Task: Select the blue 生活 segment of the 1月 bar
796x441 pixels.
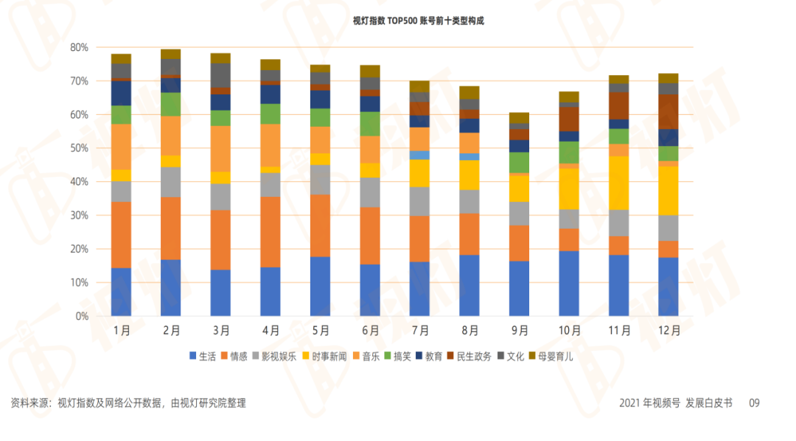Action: pyautogui.click(x=121, y=291)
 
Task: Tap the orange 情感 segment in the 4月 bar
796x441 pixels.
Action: pyautogui.click(x=270, y=232)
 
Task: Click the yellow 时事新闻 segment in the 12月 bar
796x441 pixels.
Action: pyautogui.click(x=668, y=190)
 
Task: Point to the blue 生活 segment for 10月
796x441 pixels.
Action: pyautogui.click(x=568, y=283)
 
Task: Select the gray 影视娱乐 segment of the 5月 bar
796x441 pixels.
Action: pyautogui.click(x=320, y=179)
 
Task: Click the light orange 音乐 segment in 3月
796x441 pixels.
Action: pyautogui.click(x=220, y=148)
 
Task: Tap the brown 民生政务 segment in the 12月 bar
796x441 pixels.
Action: pyautogui.click(x=668, y=111)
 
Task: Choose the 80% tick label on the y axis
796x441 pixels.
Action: pyautogui.click(x=79, y=47)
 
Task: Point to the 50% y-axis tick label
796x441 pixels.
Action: pyautogui.click(x=79, y=148)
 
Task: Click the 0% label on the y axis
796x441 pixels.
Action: pyautogui.click(x=82, y=316)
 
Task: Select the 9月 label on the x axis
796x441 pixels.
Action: pyautogui.click(x=520, y=331)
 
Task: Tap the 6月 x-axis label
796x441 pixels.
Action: pyautogui.click(x=370, y=331)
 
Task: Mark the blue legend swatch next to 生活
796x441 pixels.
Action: pyautogui.click(x=193, y=357)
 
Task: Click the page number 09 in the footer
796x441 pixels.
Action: pyautogui.click(x=754, y=403)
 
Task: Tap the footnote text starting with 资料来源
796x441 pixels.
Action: pyautogui.click(x=128, y=403)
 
